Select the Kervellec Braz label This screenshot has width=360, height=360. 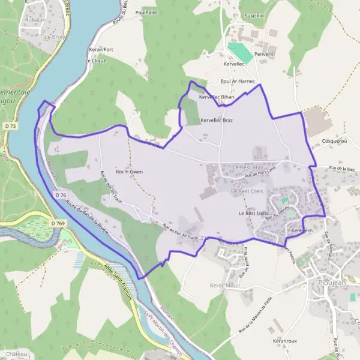[x=216, y=120]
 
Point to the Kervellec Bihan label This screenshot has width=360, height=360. [x=217, y=97]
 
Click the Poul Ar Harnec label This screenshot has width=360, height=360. [x=238, y=81]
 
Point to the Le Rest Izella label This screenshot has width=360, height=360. [x=256, y=213]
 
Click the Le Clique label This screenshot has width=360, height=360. [x=95, y=61]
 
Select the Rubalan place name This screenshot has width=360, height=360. [x=35, y=19]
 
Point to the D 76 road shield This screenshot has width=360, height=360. [x=60, y=195]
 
